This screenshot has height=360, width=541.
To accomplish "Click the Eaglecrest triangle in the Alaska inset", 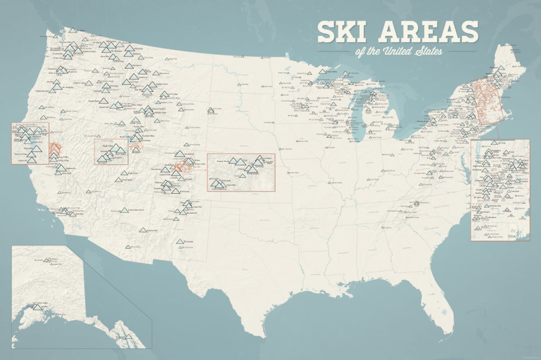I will [x=127, y=336].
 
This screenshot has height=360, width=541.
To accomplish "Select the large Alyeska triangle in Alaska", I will [x=38, y=307].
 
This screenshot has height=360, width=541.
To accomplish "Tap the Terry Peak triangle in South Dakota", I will [x=211, y=111].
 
